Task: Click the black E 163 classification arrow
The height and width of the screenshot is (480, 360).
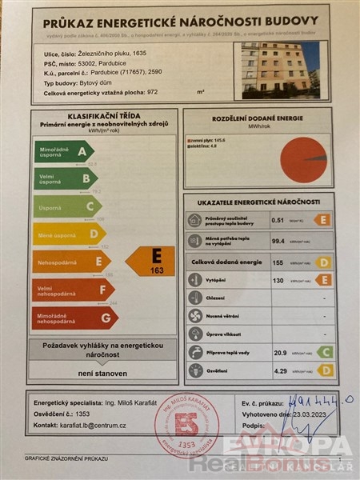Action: (x=153, y=261)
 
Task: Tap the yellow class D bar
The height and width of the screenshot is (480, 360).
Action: (x=68, y=234)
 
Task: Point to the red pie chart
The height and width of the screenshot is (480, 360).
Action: (x=304, y=159)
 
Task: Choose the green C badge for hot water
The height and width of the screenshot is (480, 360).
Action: (x=324, y=351)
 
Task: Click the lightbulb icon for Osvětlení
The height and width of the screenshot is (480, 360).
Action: (x=194, y=370)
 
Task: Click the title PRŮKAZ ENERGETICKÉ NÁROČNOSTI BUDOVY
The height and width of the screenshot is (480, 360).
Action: (x=180, y=21)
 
